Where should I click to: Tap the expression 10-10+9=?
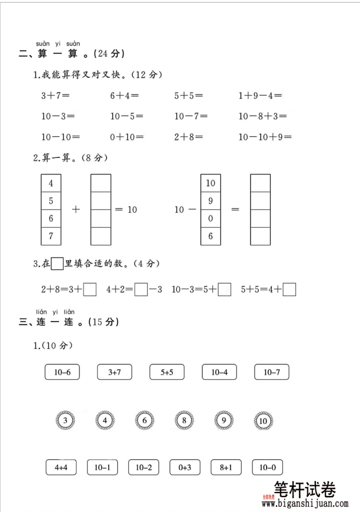point(265,137)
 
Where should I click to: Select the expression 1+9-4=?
point(260,96)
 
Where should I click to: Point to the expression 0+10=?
point(127,137)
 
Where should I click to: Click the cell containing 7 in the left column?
point(51,236)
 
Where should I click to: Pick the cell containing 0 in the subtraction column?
point(211,218)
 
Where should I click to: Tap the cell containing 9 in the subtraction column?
point(211,201)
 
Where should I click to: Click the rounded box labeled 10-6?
point(62,372)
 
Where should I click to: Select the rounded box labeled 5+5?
point(167,372)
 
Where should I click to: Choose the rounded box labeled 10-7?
point(271,372)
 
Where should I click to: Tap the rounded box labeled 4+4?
point(62,467)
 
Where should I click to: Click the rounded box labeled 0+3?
point(184,467)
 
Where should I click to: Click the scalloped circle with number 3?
point(65,422)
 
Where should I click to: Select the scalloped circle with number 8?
point(184,422)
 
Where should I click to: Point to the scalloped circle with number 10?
point(263,422)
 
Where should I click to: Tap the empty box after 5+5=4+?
point(290,290)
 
